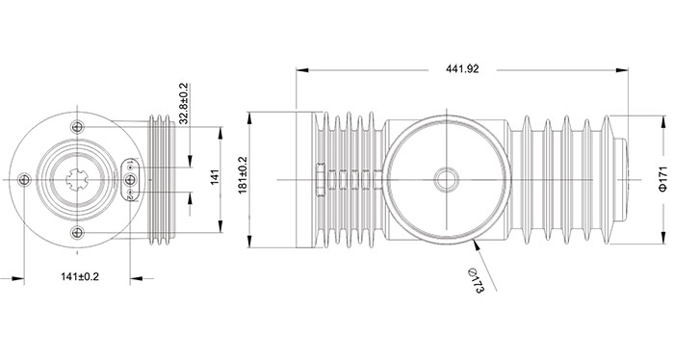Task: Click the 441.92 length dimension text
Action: tap(462, 69)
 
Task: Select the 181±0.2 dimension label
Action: tap(243, 175)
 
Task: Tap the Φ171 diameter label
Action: tap(663, 179)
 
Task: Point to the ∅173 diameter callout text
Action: tap(477, 280)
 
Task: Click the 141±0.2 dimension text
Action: tap(80, 276)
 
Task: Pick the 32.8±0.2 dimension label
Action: tap(184, 104)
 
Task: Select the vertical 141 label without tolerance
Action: tap(215, 177)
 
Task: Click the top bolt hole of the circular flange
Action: tap(77, 127)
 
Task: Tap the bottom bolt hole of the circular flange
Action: tap(77, 233)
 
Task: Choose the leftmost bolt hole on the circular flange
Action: tap(24, 180)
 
